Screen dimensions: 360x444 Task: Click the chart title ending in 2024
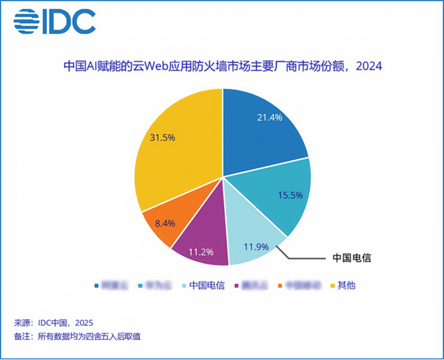point(222,67)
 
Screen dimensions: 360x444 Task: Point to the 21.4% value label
point(269,117)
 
